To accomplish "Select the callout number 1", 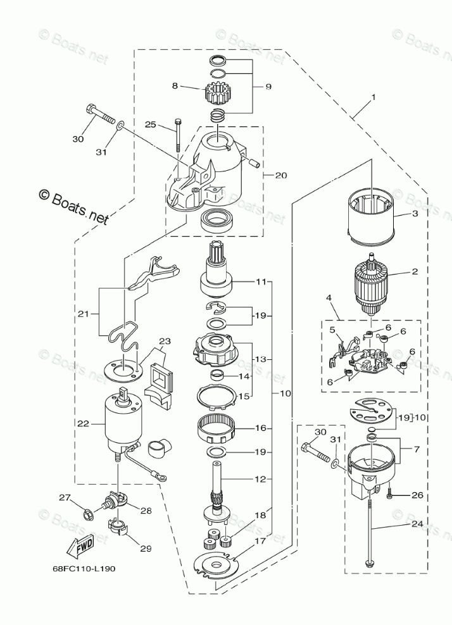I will coord(374,97).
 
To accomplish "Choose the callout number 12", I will coord(260,479).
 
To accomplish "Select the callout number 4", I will coord(329,297).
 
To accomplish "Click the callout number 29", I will coord(146,549).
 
